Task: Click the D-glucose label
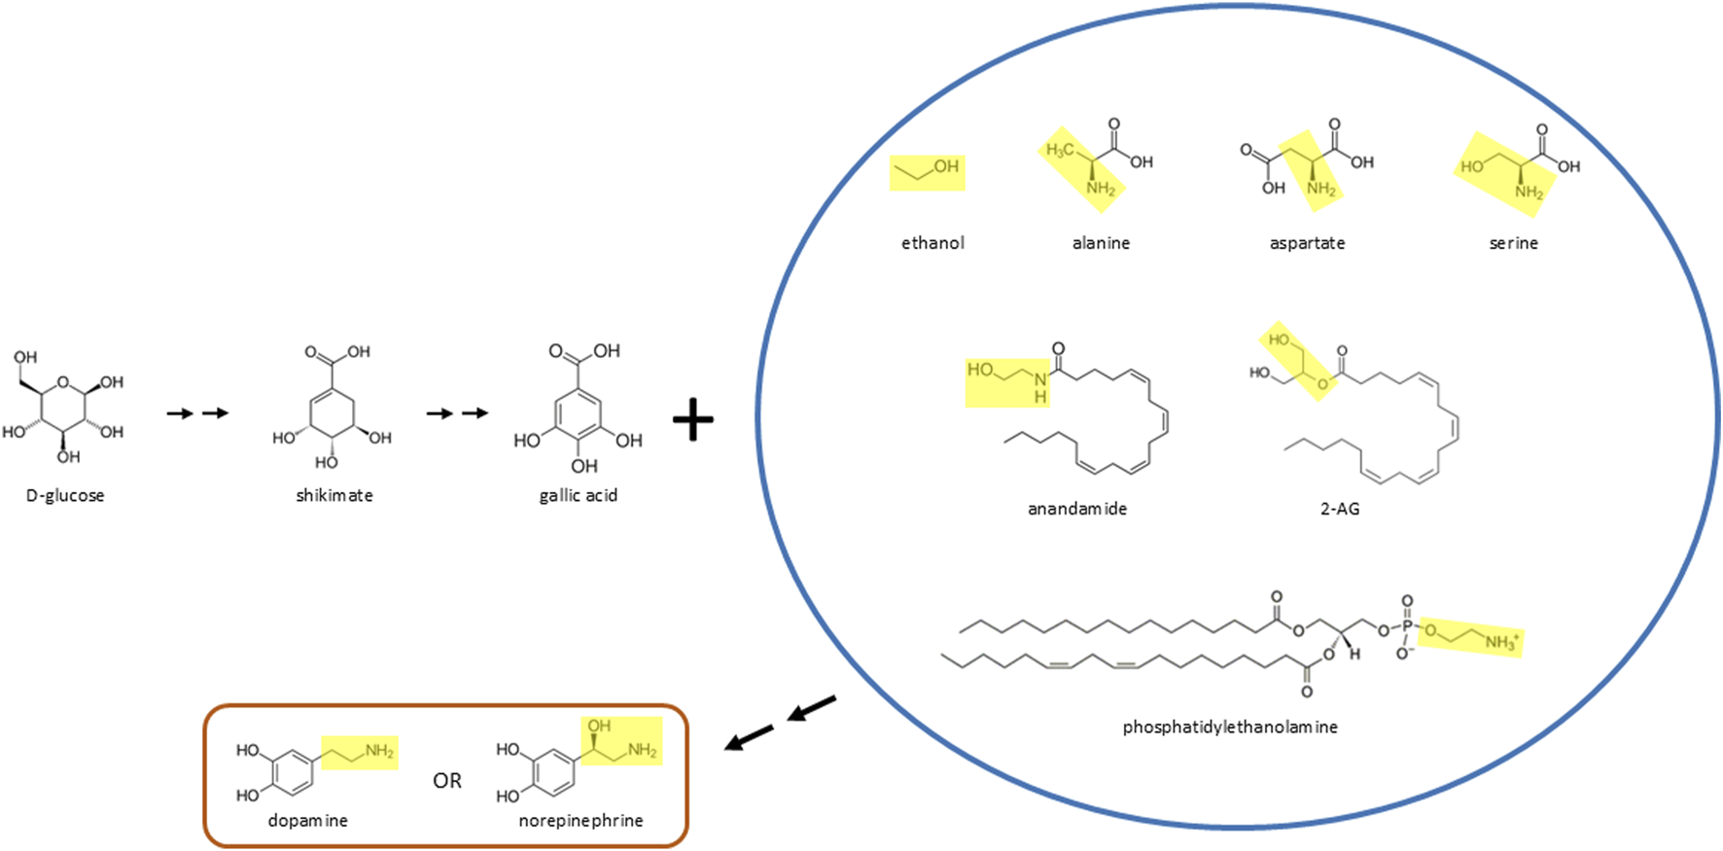65,496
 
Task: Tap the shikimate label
334,496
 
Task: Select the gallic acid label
579,496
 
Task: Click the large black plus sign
693,419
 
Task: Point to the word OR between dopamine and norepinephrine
447,781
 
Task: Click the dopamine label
308,821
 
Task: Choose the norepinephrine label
580,821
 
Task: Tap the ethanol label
932,243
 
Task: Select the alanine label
1101,243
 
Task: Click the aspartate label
1307,243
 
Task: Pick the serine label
1513,243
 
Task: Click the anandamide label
1077,509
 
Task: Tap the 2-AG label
1339,509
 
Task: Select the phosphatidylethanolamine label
1230,727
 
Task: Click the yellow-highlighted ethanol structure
928,172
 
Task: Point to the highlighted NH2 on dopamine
379,751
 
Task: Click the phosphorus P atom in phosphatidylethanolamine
1407,627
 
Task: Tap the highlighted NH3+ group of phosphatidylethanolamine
1500,642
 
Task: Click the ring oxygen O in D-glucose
63,382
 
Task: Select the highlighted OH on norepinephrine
599,727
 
